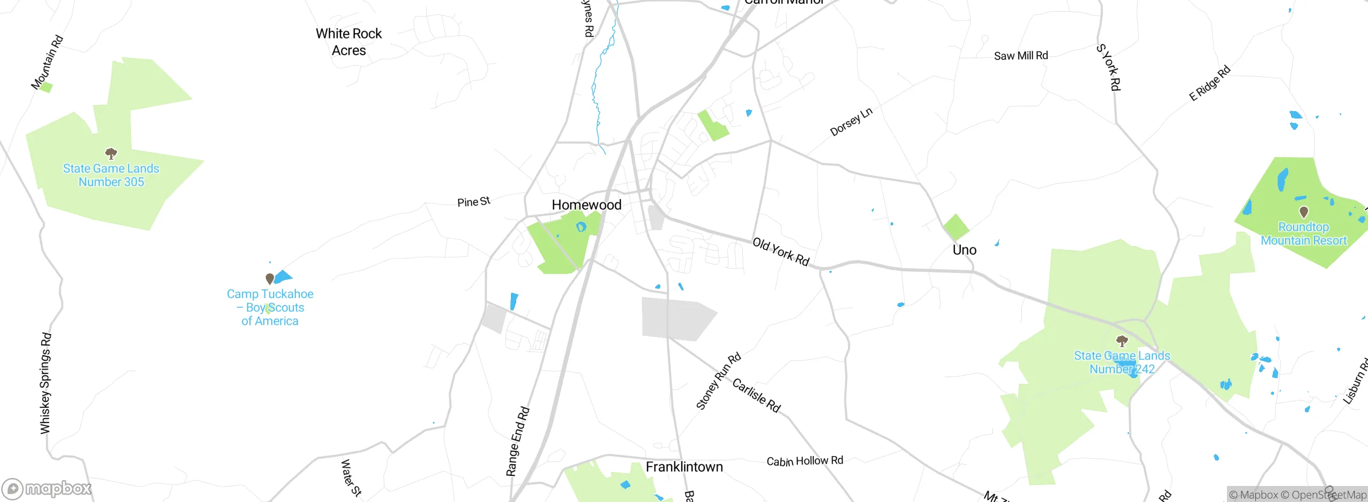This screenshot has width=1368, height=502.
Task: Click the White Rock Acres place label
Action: tap(348, 42)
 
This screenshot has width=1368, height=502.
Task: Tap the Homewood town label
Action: tap(586, 205)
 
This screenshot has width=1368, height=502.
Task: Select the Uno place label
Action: tap(964, 250)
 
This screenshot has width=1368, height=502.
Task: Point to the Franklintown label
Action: tap(684, 467)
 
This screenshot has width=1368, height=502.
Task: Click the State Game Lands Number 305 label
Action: tap(111, 175)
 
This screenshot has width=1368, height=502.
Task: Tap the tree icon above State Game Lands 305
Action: tap(111, 154)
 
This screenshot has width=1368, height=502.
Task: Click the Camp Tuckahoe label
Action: tap(270, 307)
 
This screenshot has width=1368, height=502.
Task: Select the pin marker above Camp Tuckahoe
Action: tap(270, 278)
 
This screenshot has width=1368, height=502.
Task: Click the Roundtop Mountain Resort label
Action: tap(1303, 234)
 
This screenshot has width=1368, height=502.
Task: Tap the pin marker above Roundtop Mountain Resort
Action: tap(1304, 212)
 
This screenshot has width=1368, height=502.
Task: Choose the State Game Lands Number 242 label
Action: tap(1122, 362)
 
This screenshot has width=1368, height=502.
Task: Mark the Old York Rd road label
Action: tap(781, 252)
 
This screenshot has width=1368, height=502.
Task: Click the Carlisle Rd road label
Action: tap(756, 395)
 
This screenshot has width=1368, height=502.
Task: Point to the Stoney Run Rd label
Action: tap(718, 381)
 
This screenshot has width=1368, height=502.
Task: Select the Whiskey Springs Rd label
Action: tap(46, 383)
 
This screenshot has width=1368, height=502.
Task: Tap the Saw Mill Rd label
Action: tap(1021, 56)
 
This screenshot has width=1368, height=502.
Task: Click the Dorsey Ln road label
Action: tap(851, 122)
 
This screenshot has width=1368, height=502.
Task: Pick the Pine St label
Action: tap(473, 202)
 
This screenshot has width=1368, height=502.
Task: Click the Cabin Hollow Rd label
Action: tap(805, 461)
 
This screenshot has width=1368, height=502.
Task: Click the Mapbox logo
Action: tap(47, 488)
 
